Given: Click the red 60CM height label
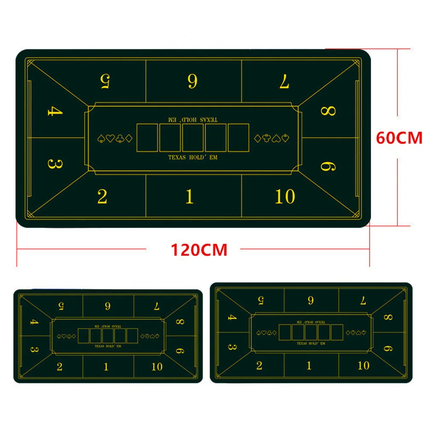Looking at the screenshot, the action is point(399,138).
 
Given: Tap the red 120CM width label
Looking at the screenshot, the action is point(199,249).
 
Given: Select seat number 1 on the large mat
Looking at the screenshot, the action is point(190,196).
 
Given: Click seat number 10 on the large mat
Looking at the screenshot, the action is point(285,196).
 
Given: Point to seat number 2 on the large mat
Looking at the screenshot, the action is point(102,196).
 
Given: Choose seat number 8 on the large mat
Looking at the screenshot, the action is point(328,111).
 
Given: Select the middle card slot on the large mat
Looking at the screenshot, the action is point(193,137).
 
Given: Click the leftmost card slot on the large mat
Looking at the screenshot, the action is point(147,137).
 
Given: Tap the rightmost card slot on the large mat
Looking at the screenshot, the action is point(238,137).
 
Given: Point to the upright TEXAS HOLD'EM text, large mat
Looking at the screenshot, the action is point(193,158).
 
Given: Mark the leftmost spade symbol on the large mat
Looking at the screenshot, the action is point(101,139).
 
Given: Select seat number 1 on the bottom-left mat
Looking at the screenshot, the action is point(106,366).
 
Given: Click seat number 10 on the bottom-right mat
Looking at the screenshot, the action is point(363,365).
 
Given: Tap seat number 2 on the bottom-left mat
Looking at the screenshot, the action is point(59,366).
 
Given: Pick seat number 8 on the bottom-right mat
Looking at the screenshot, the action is point(388,317).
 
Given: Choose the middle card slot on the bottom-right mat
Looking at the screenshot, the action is point(311,332).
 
